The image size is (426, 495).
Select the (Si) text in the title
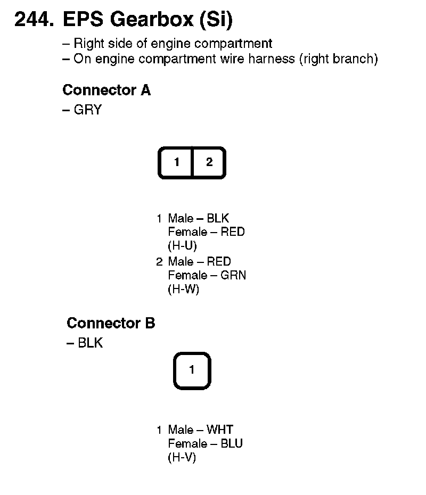[x=215, y=20]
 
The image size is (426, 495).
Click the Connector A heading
[x=106, y=90]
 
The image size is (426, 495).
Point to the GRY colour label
[x=87, y=110]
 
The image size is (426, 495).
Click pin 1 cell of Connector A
[x=176, y=162]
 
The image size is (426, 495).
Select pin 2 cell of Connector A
[x=209, y=162]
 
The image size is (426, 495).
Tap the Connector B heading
[x=111, y=323]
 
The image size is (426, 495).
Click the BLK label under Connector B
[x=90, y=343]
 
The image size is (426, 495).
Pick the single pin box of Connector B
[x=192, y=369]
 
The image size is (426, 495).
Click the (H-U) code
[x=182, y=246]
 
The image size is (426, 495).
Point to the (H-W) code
[x=183, y=290]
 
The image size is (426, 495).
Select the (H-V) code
[x=182, y=458]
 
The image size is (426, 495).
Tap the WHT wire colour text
[x=220, y=430]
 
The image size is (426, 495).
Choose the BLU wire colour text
[x=232, y=443]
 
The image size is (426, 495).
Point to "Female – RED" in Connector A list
[x=206, y=232]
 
